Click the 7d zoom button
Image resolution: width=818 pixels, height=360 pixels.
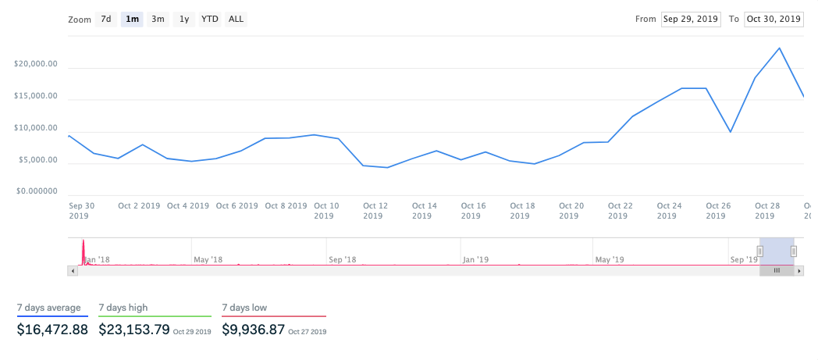106,20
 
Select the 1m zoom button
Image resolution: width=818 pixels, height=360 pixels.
132,20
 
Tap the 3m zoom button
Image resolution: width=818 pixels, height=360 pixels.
158,20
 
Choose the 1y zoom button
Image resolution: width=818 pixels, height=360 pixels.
183,20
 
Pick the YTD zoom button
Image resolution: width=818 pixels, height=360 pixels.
209,20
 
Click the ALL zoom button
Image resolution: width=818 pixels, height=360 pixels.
235,20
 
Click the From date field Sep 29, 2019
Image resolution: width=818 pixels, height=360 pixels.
690,19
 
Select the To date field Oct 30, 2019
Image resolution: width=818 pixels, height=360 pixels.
774,19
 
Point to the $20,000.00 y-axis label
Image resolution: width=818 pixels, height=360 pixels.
36,65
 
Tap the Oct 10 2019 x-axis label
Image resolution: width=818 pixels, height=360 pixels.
326,211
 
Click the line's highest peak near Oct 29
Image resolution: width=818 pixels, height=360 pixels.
779,48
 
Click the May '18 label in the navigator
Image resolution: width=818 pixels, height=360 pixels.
208,258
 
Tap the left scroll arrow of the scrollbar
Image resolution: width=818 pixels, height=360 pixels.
73,270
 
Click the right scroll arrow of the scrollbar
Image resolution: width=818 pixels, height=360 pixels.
798,270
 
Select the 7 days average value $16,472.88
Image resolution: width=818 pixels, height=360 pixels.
52,330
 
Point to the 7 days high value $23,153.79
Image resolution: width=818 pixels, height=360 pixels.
134,330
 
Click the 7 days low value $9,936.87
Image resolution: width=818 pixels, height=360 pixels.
253,330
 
